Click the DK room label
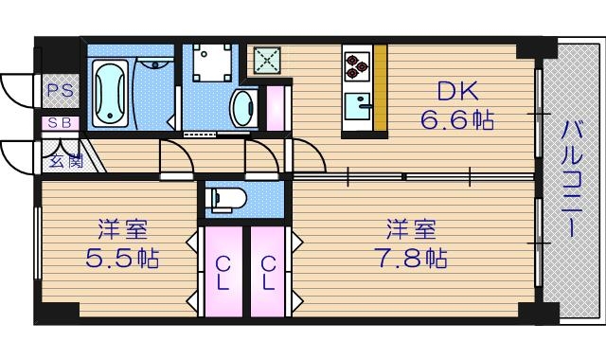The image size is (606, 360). (457, 92)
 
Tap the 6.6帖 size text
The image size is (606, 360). (458, 120)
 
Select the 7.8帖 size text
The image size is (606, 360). (408, 257)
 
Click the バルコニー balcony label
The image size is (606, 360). (572, 180)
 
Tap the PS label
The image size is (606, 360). (59, 92)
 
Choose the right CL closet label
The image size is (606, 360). (268, 273)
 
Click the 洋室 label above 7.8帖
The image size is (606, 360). (409, 229)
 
